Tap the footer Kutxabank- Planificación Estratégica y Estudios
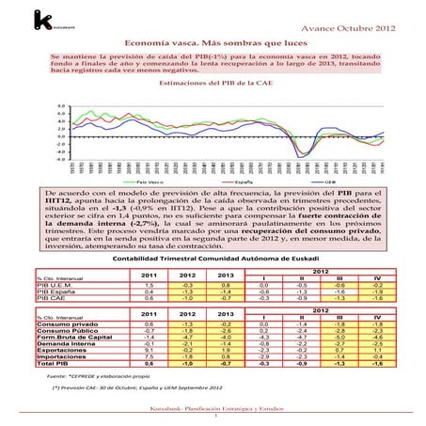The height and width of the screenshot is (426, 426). [213, 411]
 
